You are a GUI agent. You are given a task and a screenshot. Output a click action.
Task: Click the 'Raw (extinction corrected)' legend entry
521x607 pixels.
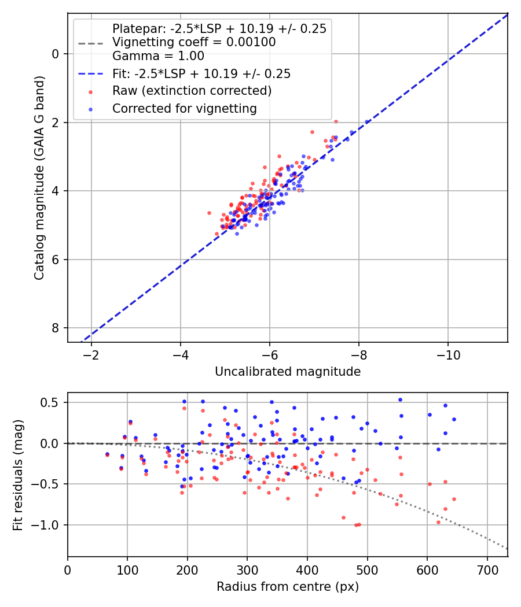pos(192,91)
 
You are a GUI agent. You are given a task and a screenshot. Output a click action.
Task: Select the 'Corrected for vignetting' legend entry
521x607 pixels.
pos(184,108)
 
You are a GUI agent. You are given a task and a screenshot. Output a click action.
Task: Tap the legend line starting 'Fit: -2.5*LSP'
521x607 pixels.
pos(201,73)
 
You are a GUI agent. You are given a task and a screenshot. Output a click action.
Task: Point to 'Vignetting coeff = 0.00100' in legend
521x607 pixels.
pos(194,42)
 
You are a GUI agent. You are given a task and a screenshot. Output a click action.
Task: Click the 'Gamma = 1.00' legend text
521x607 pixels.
pos(158,56)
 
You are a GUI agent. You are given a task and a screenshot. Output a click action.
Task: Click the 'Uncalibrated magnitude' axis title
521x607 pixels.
pos(288,372)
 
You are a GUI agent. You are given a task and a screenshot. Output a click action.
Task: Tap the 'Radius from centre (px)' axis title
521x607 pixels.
pos(288,587)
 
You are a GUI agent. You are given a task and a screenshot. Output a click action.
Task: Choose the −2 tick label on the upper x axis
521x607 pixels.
pos(91,354)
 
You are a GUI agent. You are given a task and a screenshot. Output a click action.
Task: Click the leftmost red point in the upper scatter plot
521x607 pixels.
pos(210,213)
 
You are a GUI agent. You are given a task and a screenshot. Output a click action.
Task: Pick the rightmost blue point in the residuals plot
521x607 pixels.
pos(454,419)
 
